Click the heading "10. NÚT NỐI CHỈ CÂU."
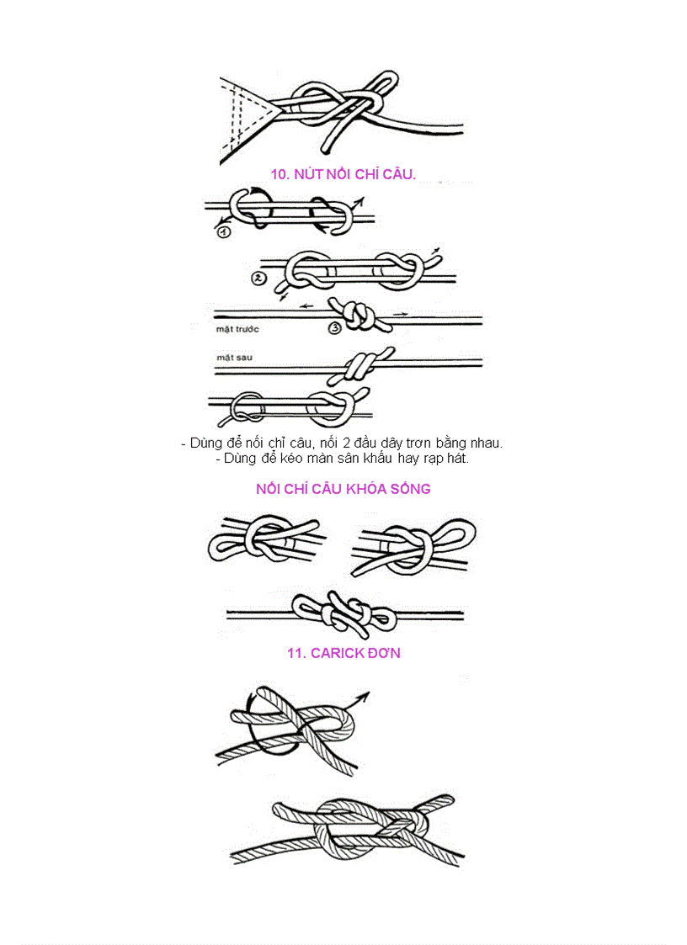(343, 173)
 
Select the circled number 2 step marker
(259, 278)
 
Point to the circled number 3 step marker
(335, 327)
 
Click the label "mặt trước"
(237, 328)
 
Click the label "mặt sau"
(234, 358)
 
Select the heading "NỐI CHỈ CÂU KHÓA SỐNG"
(343, 489)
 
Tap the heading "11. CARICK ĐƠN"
(343, 653)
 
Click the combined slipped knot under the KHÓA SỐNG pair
(344, 613)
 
